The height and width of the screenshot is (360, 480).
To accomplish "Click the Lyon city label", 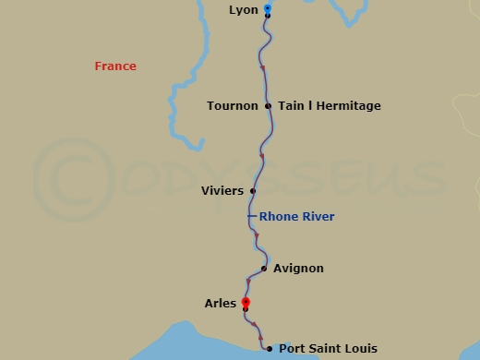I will [x=244, y=10].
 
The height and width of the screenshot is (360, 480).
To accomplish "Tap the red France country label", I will [x=115, y=66].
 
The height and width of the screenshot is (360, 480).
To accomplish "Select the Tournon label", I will [x=233, y=106].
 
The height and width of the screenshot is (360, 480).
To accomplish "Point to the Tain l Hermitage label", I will [x=329, y=106].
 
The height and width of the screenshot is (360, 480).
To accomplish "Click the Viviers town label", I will [x=222, y=191].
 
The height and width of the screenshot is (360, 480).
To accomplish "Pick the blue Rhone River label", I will [x=296, y=217].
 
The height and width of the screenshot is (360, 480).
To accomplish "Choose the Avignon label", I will [x=299, y=269].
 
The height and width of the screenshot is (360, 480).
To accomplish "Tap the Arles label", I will [x=220, y=303].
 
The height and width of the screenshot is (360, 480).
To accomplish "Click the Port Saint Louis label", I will [x=328, y=349].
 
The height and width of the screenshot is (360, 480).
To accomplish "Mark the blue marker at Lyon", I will [x=267, y=8].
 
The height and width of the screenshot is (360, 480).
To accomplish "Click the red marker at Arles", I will [x=246, y=302].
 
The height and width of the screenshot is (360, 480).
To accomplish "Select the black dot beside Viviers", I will [x=252, y=191].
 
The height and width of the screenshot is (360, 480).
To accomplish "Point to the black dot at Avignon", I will [x=264, y=269].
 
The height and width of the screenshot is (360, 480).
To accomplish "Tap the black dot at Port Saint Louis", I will [x=269, y=349].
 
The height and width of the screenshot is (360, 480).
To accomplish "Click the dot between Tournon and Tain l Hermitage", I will [x=268, y=106].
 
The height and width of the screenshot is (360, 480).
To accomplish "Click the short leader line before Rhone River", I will [x=252, y=217].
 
